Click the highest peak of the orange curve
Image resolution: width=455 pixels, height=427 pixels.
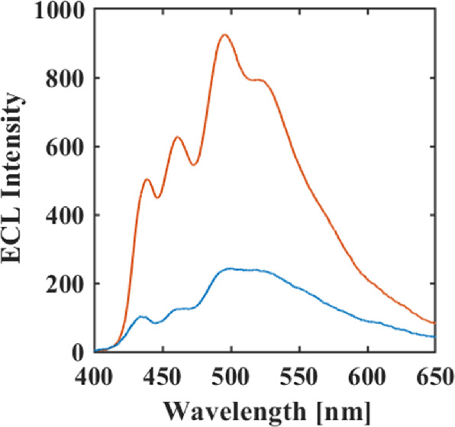pyautogui.click(x=224, y=35)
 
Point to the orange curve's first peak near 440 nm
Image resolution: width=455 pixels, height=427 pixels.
pyautogui.click(x=147, y=180)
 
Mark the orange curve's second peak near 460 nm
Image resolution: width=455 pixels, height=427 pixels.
pyautogui.click(x=177, y=137)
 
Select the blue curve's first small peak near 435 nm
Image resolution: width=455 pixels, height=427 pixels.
pyautogui.click(x=141, y=316)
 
